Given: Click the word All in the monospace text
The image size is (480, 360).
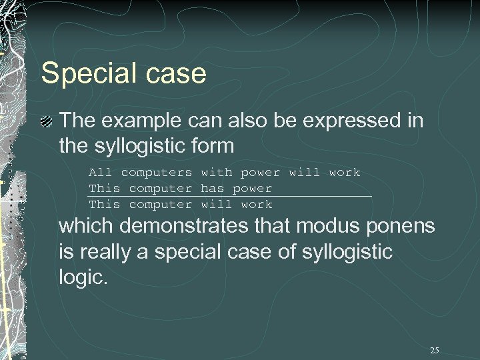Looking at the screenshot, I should pos(101,173).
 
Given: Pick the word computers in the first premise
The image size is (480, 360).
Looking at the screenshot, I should pos(157,173).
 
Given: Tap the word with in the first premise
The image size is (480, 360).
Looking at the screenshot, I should pos(216,173).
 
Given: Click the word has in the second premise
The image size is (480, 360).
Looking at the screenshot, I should pos(212,189).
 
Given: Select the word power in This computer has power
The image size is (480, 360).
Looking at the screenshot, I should pos(252,189).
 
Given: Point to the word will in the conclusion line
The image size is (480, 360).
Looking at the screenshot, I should pos(216,205).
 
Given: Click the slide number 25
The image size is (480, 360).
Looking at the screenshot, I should pos(435,351).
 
